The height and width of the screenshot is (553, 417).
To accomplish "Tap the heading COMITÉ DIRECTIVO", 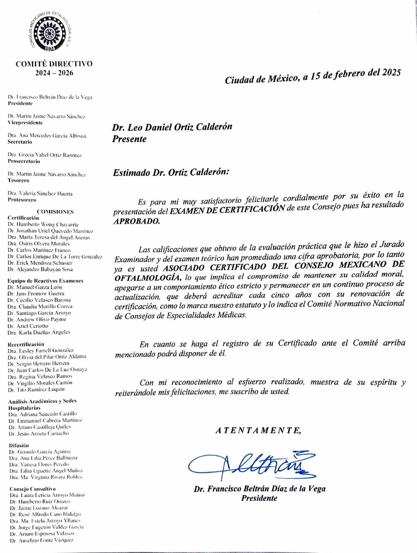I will coord(54,64).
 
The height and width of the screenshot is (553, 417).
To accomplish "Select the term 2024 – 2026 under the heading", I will coord(54,73).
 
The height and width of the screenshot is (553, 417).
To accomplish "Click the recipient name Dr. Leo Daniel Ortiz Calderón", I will coord(172,127).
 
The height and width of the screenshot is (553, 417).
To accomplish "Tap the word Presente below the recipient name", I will coord(129,139).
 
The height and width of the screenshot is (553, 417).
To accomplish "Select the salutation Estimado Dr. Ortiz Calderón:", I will coord(171,173).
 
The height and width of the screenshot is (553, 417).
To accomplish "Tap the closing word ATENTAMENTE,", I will coord(258,431).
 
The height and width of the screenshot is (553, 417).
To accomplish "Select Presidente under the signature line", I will coord(259,498).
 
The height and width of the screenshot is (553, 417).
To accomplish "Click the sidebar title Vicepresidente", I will coord(25,123).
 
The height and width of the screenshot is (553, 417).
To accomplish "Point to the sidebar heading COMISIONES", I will coord(55,212).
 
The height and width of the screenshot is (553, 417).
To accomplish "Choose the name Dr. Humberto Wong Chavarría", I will coord(43,225).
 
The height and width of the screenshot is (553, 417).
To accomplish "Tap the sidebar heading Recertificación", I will coord(26,344).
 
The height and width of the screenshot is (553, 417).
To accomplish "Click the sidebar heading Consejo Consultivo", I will coord(32,489).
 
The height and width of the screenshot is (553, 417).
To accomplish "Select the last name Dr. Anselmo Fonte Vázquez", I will coord(42,540).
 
